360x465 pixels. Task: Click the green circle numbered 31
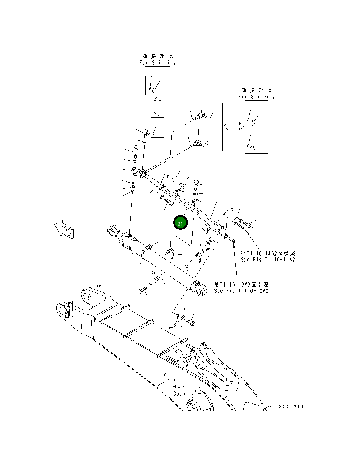[x=180, y=223]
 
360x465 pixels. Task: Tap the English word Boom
[x=179, y=393]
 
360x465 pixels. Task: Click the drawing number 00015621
[x=293, y=407]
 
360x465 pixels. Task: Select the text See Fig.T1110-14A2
[x=268, y=260]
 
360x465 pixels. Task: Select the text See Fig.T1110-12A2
[x=241, y=291]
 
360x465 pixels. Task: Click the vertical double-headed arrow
[x=157, y=106]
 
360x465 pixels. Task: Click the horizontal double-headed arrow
[x=233, y=126]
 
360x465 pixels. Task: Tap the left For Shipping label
[x=157, y=63]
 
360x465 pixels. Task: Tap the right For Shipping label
[x=257, y=97]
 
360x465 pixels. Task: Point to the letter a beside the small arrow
[x=232, y=208]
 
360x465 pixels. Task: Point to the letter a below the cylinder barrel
[x=186, y=267]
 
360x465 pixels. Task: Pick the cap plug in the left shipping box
[x=155, y=90]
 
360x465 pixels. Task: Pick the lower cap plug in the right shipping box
[x=253, y=148]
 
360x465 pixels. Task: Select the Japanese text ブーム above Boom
[x=179, y=387]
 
